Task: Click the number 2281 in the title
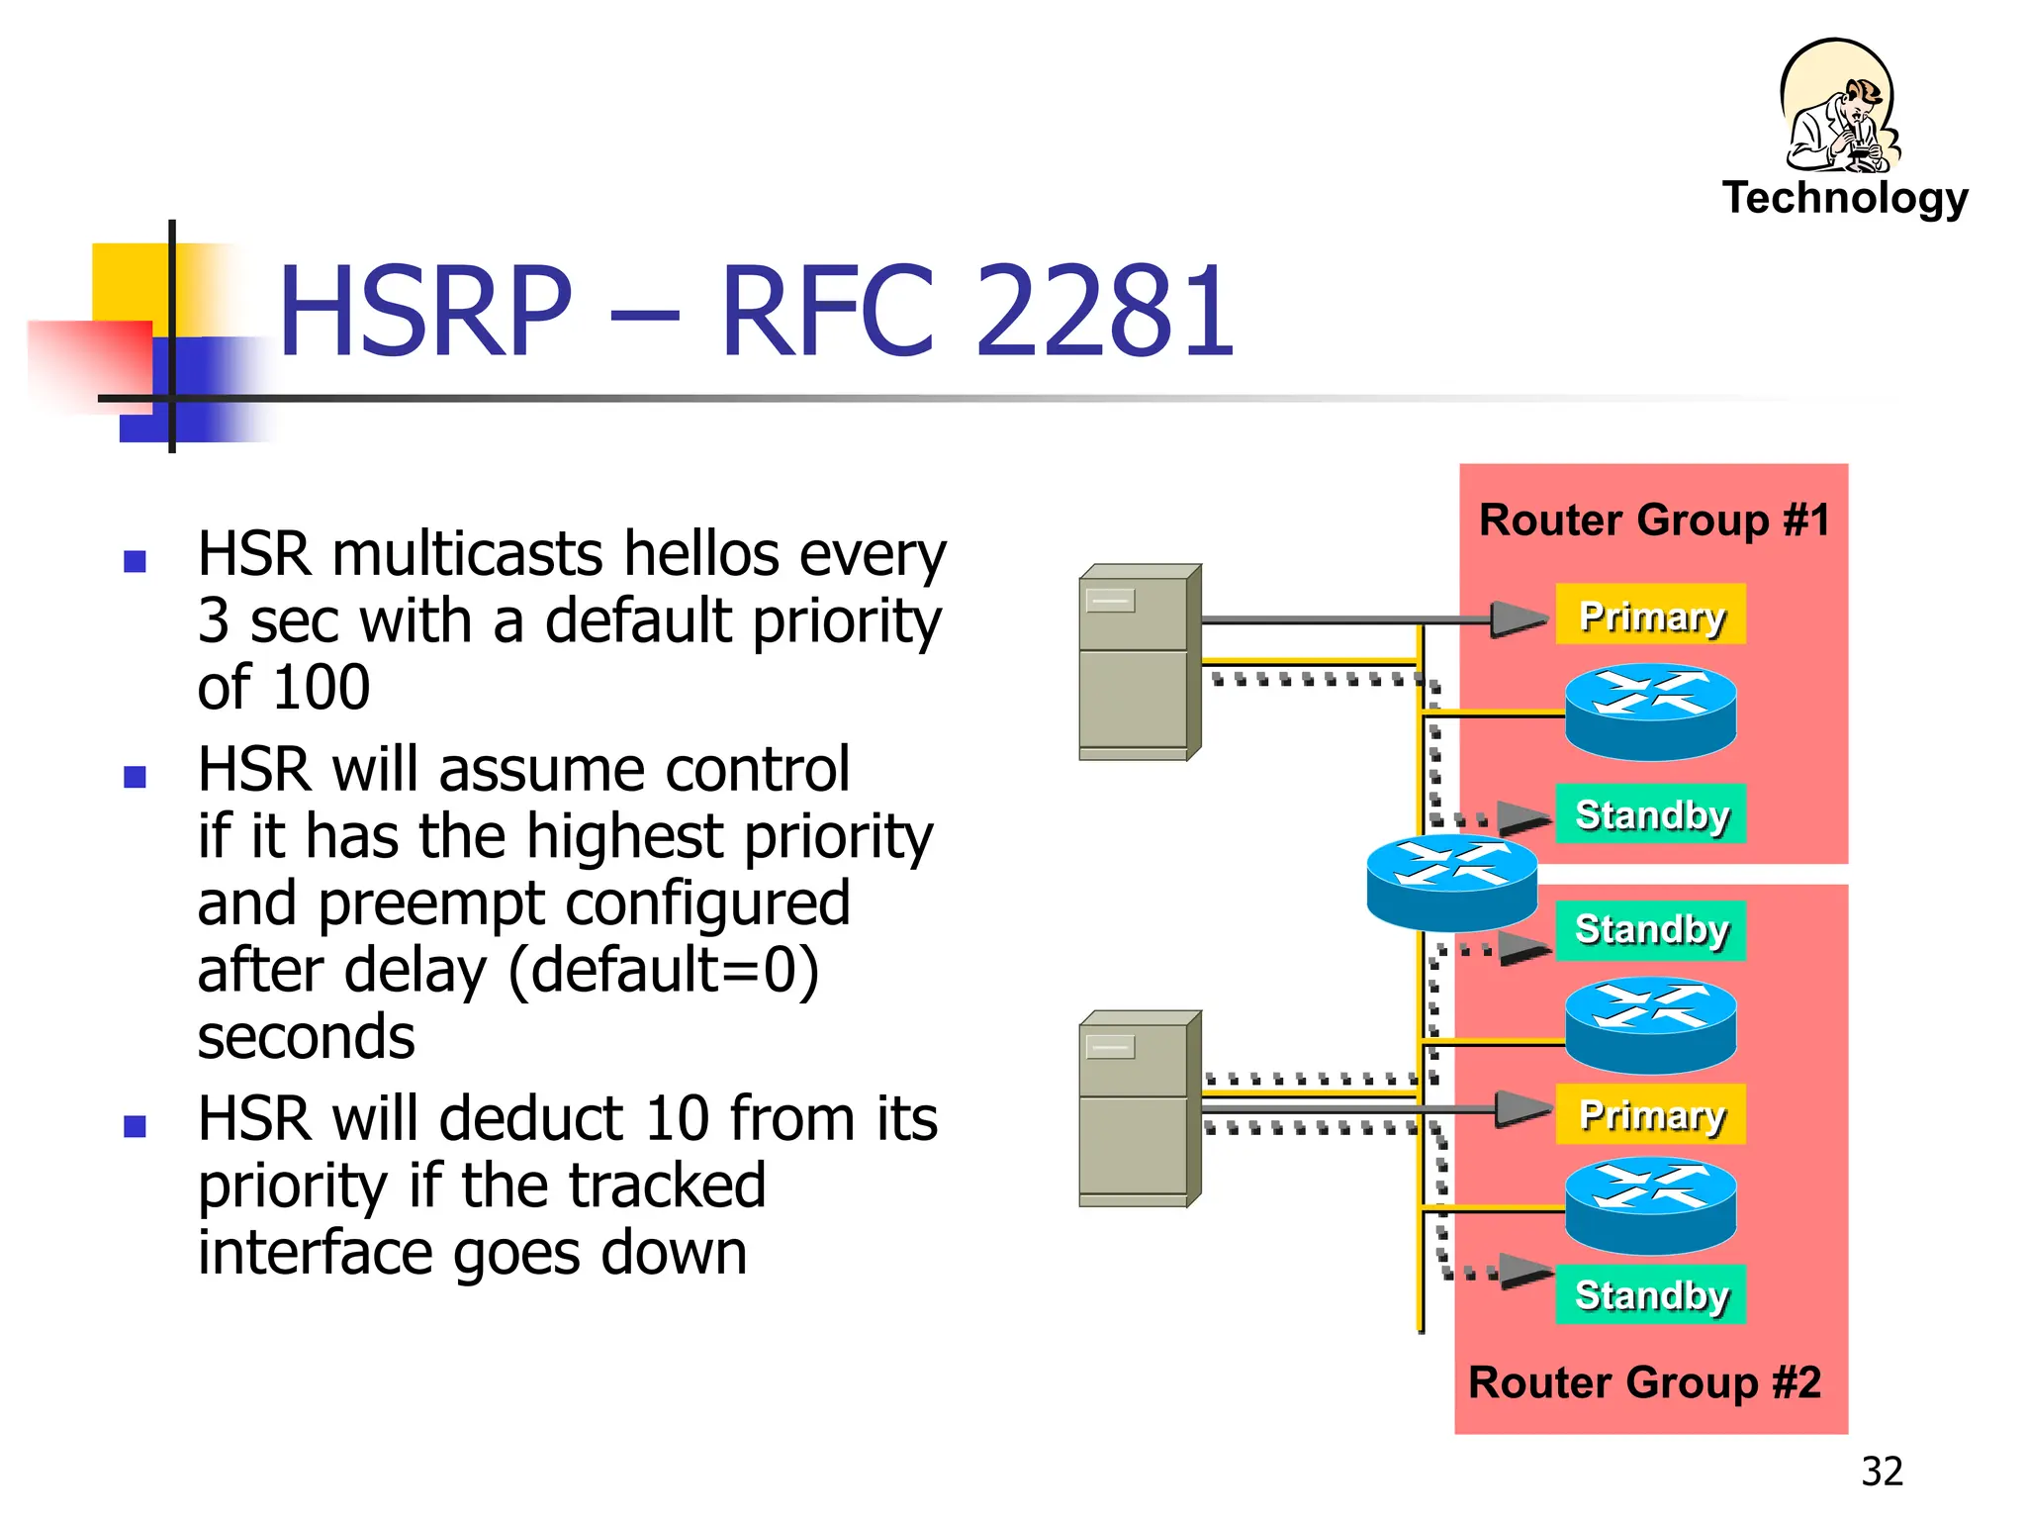pyautogui.click(x=1105, y=311)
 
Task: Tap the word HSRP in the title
pyautogui.click(x=425, y=311)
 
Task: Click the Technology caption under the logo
pyautogui.click(x=1845, y=198)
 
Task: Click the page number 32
pyautogui.click(x=1882, y=1472)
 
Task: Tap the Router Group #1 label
pyautogui.click(x=1654, y=520)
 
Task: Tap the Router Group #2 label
pyautogui.click(x=1644, y=1382)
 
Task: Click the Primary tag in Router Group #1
pyautogui.click(x=1651, y=616)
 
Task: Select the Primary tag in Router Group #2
pyautogui.click(x=1651, y=1114)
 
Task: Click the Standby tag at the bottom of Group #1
pyautogui.click(x=1651, y=814)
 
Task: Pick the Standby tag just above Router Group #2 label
pyautogui.click(x=1651, y=1294)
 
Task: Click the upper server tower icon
pyautogui.click(x=1139, y=663)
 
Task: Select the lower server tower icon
pyautogui.click(x=1139, y=1109)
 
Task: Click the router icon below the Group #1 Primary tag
pyautogui.click(x=1650, y=712)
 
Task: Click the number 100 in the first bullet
pyautogui.click(x=322, y=688)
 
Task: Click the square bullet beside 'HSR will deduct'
pyautogui.click(x=136, y=1126)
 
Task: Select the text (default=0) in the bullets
pyautogui.click(x=663, y=971)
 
